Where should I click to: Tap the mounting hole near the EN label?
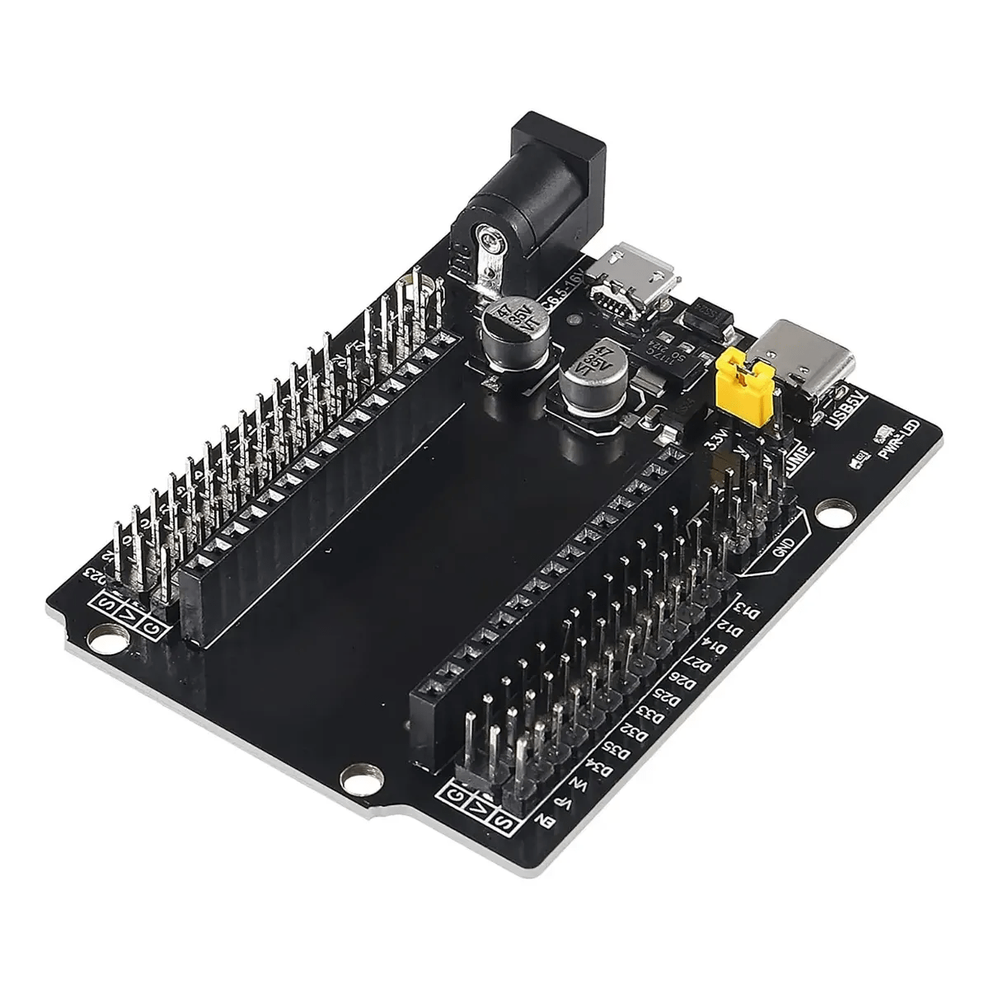360,775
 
